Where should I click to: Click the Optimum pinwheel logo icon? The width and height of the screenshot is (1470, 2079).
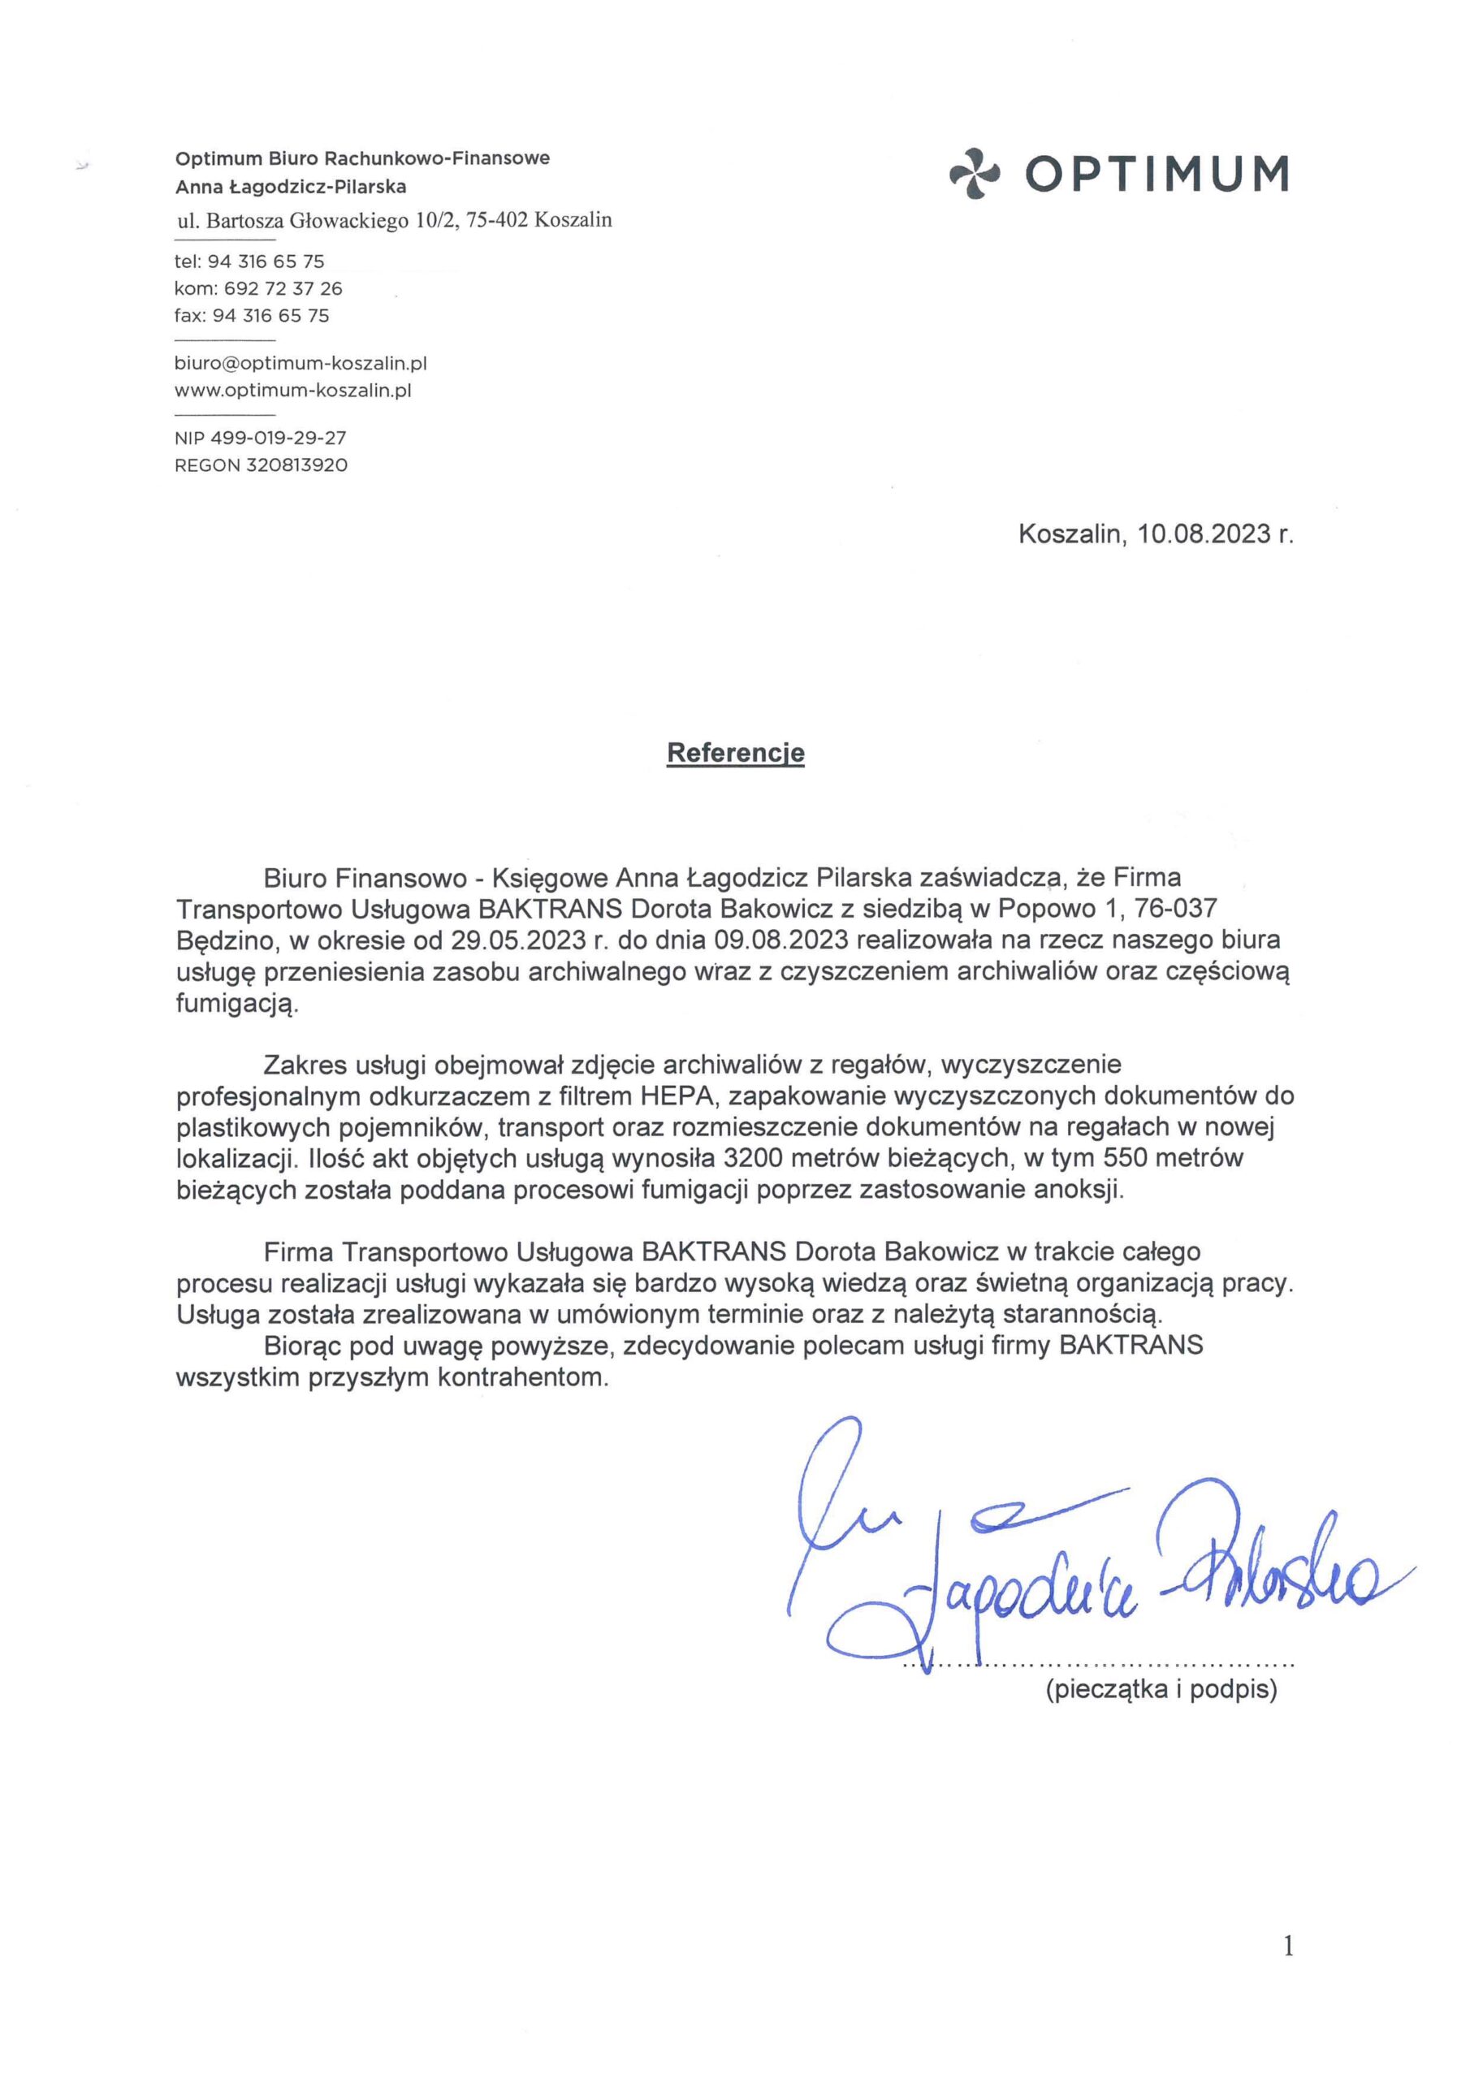click(975, 173)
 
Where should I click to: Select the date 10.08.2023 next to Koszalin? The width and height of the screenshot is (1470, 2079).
click(1204, 534)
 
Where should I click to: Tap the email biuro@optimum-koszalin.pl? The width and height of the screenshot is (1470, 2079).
click(300, 364)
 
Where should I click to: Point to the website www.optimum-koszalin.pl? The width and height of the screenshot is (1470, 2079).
click(292, 391)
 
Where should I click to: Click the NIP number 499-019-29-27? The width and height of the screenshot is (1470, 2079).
click(279, 439)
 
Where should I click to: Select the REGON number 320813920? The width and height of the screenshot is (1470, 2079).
click(296, 465)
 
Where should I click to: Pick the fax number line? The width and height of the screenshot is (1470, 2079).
click(252, 316)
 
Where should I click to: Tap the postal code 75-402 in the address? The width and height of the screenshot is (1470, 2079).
click(496, 220)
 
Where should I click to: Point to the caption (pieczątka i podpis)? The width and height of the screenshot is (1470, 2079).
click(1161, 1690)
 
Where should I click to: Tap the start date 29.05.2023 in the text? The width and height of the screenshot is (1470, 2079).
click(518, 940)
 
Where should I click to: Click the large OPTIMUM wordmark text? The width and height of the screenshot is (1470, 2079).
click(1157, 173)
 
